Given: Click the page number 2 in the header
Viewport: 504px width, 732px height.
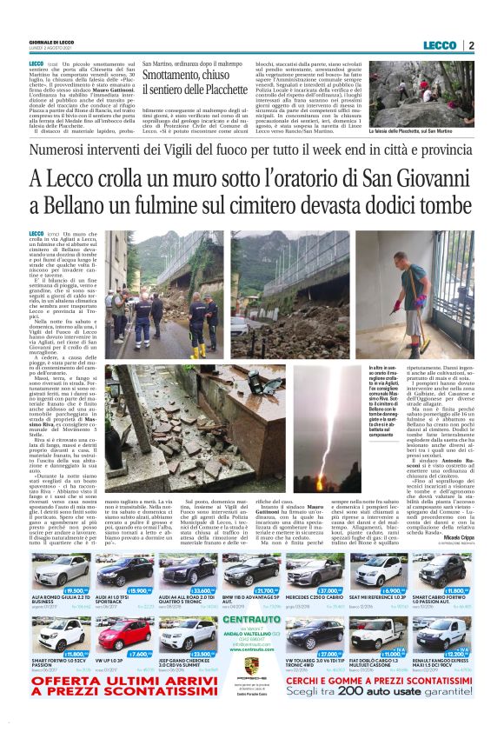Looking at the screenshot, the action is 470,45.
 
